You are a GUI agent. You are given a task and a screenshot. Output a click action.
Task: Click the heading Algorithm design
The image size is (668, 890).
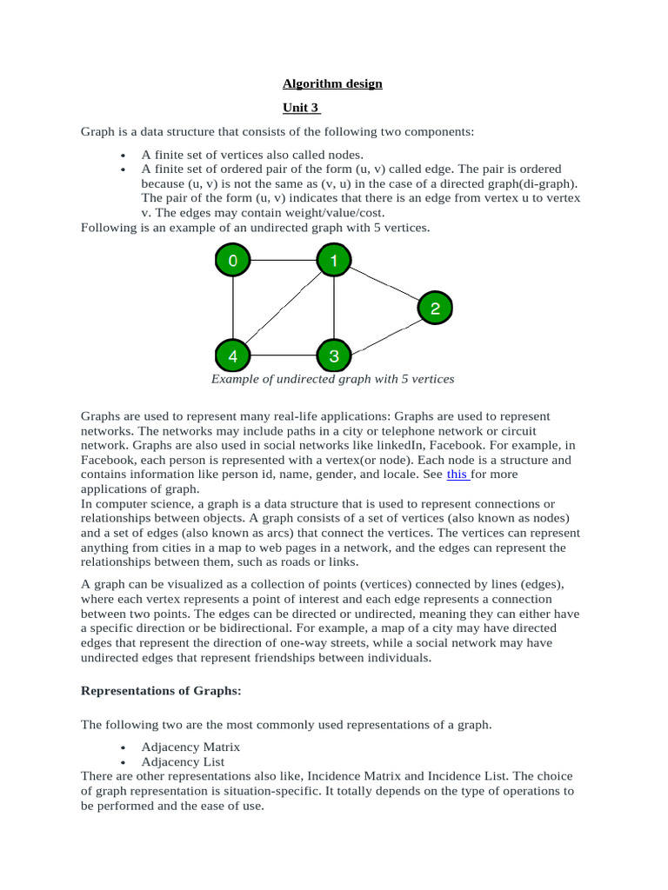pyautogui.click(x=332, y=84)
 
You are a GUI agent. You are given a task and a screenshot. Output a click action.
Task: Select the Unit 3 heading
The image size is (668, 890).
pyautogui.click(x=301, y=108)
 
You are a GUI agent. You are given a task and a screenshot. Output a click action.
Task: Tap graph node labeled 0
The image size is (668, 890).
pyautogui.click(x=232, y=260)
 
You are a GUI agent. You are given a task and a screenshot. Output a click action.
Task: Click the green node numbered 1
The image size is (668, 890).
pyautogui.click(x=334, y=260)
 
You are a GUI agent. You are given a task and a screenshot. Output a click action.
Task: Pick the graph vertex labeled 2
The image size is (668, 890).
pyautogui.click(x=435, y=308)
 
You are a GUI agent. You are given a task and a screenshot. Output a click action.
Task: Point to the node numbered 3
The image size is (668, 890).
pyautogui.click(x=334, y=355)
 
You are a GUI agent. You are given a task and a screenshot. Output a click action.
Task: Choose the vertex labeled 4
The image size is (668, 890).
pyautogui.click(x=232, y=355)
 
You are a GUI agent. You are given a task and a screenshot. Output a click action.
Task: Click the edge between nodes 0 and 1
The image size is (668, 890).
pyautogui.click(x=283, y=260)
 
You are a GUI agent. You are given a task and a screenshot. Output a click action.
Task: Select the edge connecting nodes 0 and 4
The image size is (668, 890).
pyautogui.click(x=232, y=308)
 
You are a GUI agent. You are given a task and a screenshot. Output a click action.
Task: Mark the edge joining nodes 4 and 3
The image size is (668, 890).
pyautogui.click(x=283, y=355)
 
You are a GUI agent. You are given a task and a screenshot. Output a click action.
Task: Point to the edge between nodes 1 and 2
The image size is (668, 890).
pyautogui.click(x=384, y=283)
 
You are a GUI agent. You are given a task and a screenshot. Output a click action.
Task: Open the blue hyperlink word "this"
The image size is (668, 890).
pyautogui.click(x=457, y=475)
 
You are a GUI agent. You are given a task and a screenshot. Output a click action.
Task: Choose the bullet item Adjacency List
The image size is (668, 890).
pyautogui.click(x=183, y=761)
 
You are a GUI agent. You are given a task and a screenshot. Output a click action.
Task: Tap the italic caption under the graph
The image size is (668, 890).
pyautogui.click(x=333, y=379)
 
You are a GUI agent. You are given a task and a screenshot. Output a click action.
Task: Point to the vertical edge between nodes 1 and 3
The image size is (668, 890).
pyautogui.click(x=334, y=308)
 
